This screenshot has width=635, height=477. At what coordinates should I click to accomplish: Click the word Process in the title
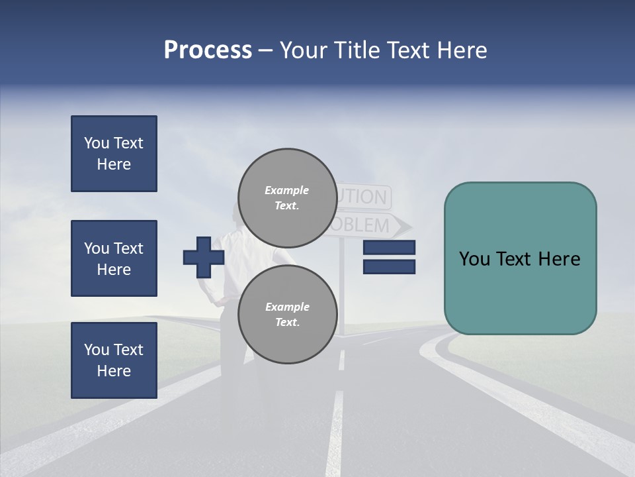(208, 50)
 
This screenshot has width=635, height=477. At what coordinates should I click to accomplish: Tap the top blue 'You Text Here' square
(114, 154)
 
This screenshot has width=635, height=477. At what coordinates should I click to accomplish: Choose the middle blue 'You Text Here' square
(114, 258)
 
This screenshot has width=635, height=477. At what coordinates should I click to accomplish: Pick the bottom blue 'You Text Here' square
(114, 360)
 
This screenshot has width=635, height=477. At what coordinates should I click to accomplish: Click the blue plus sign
(204, 257)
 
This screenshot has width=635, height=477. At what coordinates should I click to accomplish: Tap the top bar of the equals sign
(389, 247)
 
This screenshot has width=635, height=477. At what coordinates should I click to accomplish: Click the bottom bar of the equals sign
(389, 266)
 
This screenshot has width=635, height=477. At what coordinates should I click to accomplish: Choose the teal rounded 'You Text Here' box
(520, 258)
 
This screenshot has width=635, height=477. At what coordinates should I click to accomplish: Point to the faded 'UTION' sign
(364, 197)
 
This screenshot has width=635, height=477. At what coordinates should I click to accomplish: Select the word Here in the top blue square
(114, 164)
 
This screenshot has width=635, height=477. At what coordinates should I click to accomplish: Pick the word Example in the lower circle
(287, 307)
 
